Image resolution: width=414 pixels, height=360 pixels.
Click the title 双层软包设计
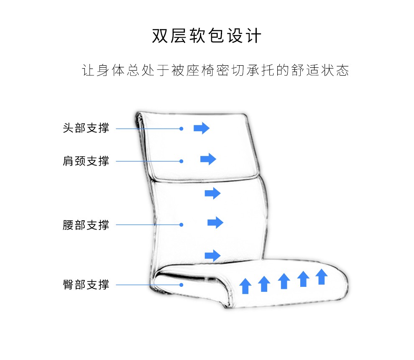[x=207, y=36]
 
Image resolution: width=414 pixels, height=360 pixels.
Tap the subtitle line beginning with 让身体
[x=215, y=70]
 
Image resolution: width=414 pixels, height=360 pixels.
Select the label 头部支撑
[x=86, y=128]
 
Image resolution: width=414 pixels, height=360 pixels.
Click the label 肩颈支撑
[x=86, y=161]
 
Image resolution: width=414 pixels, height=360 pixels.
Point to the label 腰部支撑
[x=86, y=225]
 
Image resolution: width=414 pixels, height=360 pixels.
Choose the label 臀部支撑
[x=86, y=285]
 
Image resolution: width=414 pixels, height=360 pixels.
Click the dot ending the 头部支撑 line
[x=181, y=128]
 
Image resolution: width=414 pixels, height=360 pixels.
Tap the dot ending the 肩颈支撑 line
[x=181, y=161]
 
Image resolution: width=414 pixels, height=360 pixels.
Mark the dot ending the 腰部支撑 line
[x=181, y=225]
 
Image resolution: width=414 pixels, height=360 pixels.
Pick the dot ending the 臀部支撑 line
[x=181, y=285]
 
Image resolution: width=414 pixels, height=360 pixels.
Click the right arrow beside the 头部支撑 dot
[x=201, y=128]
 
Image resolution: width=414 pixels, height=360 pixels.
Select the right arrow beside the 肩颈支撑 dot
[x=208, y=159]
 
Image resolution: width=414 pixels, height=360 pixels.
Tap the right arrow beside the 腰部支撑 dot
[x=215, y=222]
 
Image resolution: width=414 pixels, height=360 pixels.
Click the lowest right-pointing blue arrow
[x=212, y=255]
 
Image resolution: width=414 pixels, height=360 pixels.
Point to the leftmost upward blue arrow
[x=245, y=286]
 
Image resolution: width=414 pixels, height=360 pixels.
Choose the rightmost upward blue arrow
[x=321, y=277]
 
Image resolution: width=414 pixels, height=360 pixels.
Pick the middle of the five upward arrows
[x=284, y=281]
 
